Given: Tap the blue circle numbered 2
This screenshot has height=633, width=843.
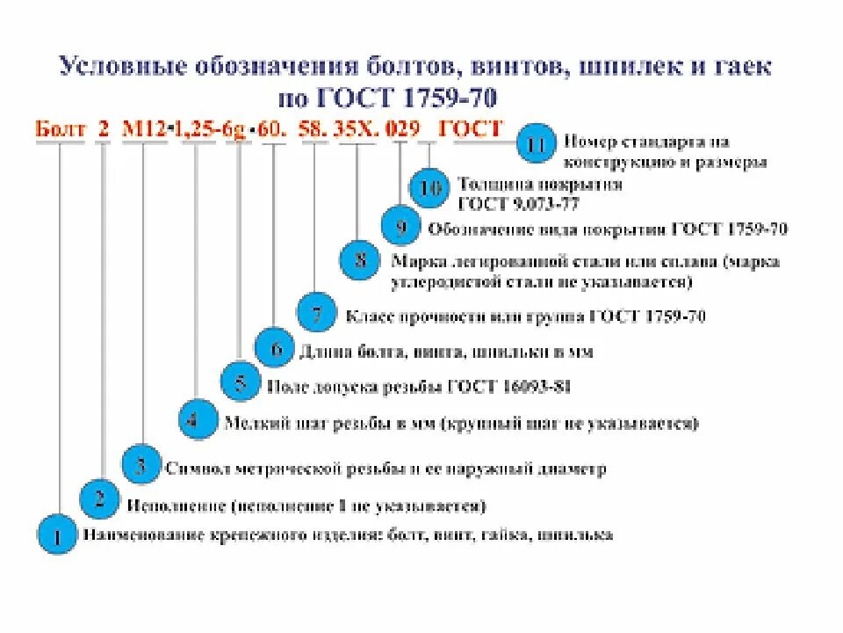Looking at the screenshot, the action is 100,500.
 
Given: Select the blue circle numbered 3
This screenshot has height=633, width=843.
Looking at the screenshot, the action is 140,465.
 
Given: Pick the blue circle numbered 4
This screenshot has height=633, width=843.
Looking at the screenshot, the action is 198,419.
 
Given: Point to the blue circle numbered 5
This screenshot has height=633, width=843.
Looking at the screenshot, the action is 240,382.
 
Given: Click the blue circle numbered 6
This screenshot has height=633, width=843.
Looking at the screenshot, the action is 276,349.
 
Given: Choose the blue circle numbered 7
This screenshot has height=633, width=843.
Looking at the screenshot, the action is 317,312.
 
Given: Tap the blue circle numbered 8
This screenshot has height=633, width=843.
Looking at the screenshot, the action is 360,260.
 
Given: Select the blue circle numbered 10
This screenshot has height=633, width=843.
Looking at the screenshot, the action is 430,188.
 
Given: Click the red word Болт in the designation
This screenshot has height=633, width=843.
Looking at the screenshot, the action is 61,129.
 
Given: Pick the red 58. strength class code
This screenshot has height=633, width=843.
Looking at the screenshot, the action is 313,129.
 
